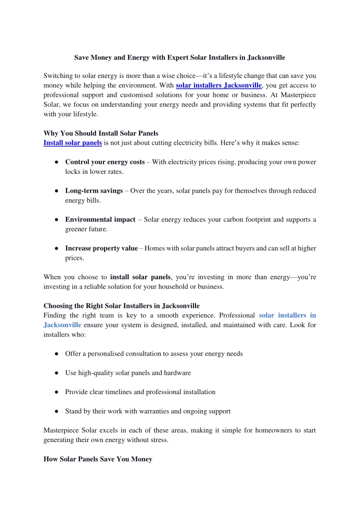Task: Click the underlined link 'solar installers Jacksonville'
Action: click(218, 85)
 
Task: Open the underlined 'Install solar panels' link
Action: click(72, 143)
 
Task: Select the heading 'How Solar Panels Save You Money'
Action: click(97, 459)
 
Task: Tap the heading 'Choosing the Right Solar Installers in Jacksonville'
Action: click(121, 306)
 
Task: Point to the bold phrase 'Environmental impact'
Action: click(100, 219)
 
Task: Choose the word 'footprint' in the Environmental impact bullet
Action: click(238, 219)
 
